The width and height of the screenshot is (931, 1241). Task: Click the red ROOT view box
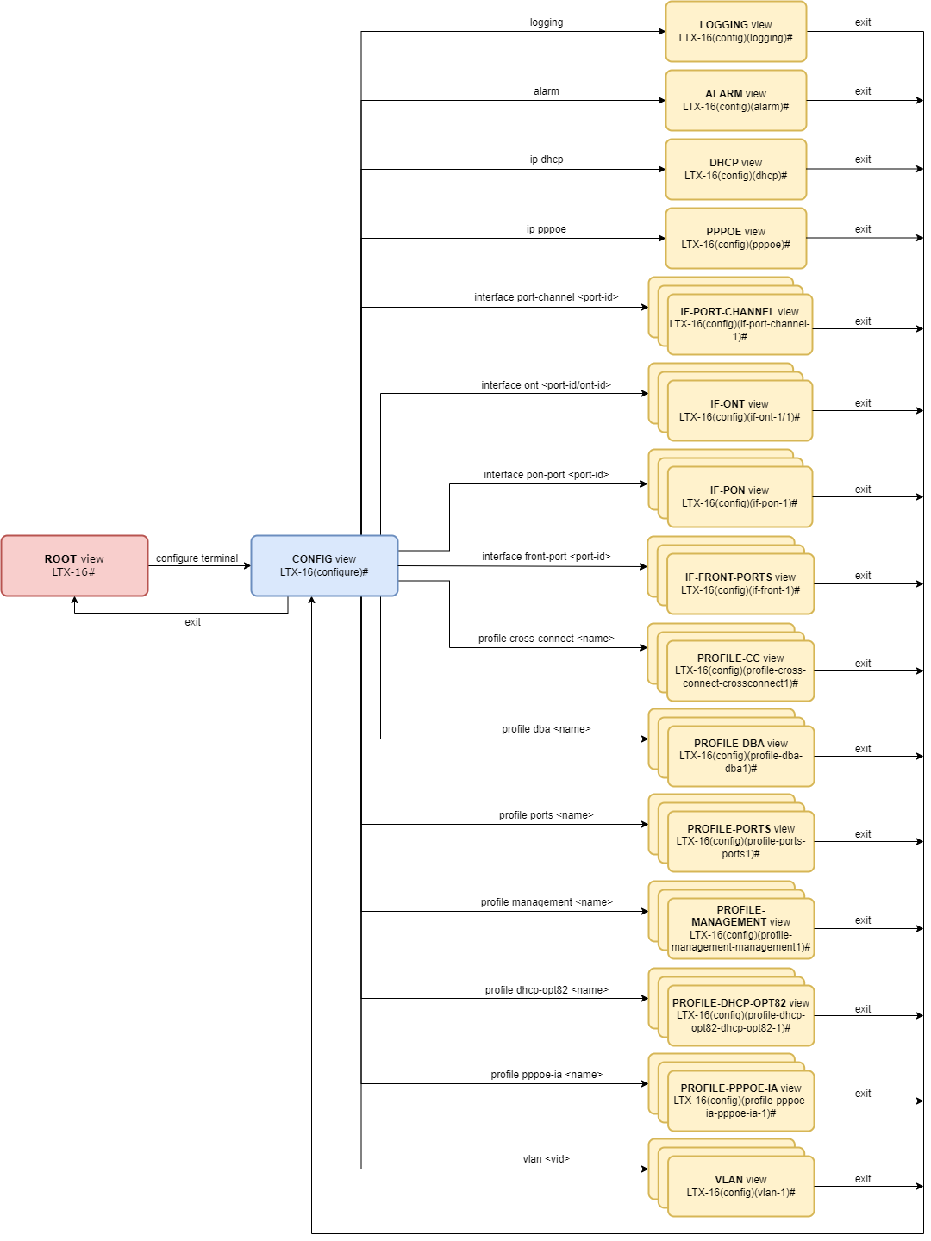pyautogui.click(x=74, y=565)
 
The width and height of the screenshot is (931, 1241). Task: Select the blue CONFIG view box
pyautogui.click(x=324, y=565)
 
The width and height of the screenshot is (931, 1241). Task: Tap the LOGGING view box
pyautogui.click(x=735, y=31)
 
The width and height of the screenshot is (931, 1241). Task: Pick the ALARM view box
pyautogui.click(x=735, y=100)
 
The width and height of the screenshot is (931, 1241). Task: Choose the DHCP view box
pyautogui.click(x=735, y=169)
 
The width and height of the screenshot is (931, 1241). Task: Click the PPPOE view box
pyautogui.click(x=735, y=238)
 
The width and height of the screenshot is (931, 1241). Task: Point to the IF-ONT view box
pyautogui.click(x=740, y=410)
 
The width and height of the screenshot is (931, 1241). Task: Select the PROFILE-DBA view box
pyautogui.click(x=740, y=756)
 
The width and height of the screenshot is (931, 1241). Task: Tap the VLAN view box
pyautogui.click(x=740, y=1186)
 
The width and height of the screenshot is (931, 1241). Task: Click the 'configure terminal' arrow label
pyautogui.click(x=197, y=558)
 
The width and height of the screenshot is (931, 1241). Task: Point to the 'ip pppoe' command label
pyautogui.click(x=547, y=229)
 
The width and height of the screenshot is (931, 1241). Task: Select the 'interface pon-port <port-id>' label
pyautogui.click(x=547, y=475)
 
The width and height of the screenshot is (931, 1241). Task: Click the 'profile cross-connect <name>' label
pyautogui.click(x=547, y=639)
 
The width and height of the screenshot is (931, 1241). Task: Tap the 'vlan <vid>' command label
pyautogui.click(x=547, y=1159)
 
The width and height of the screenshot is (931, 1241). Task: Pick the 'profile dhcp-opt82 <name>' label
pyautogui.click(x=547, y=990)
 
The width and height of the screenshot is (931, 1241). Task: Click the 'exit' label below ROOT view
pyautogui.click(x=192, y=622)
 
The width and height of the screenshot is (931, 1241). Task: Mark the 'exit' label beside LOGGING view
pyautogui.click(x=863, y=22)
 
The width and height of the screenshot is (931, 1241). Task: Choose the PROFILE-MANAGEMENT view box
pyautogui.click(x=740, y=928)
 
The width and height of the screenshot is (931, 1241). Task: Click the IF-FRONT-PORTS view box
pyautogui.click(x=740, y=583)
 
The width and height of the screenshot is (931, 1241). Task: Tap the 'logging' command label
pyautogui.click(x=547, y=22)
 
